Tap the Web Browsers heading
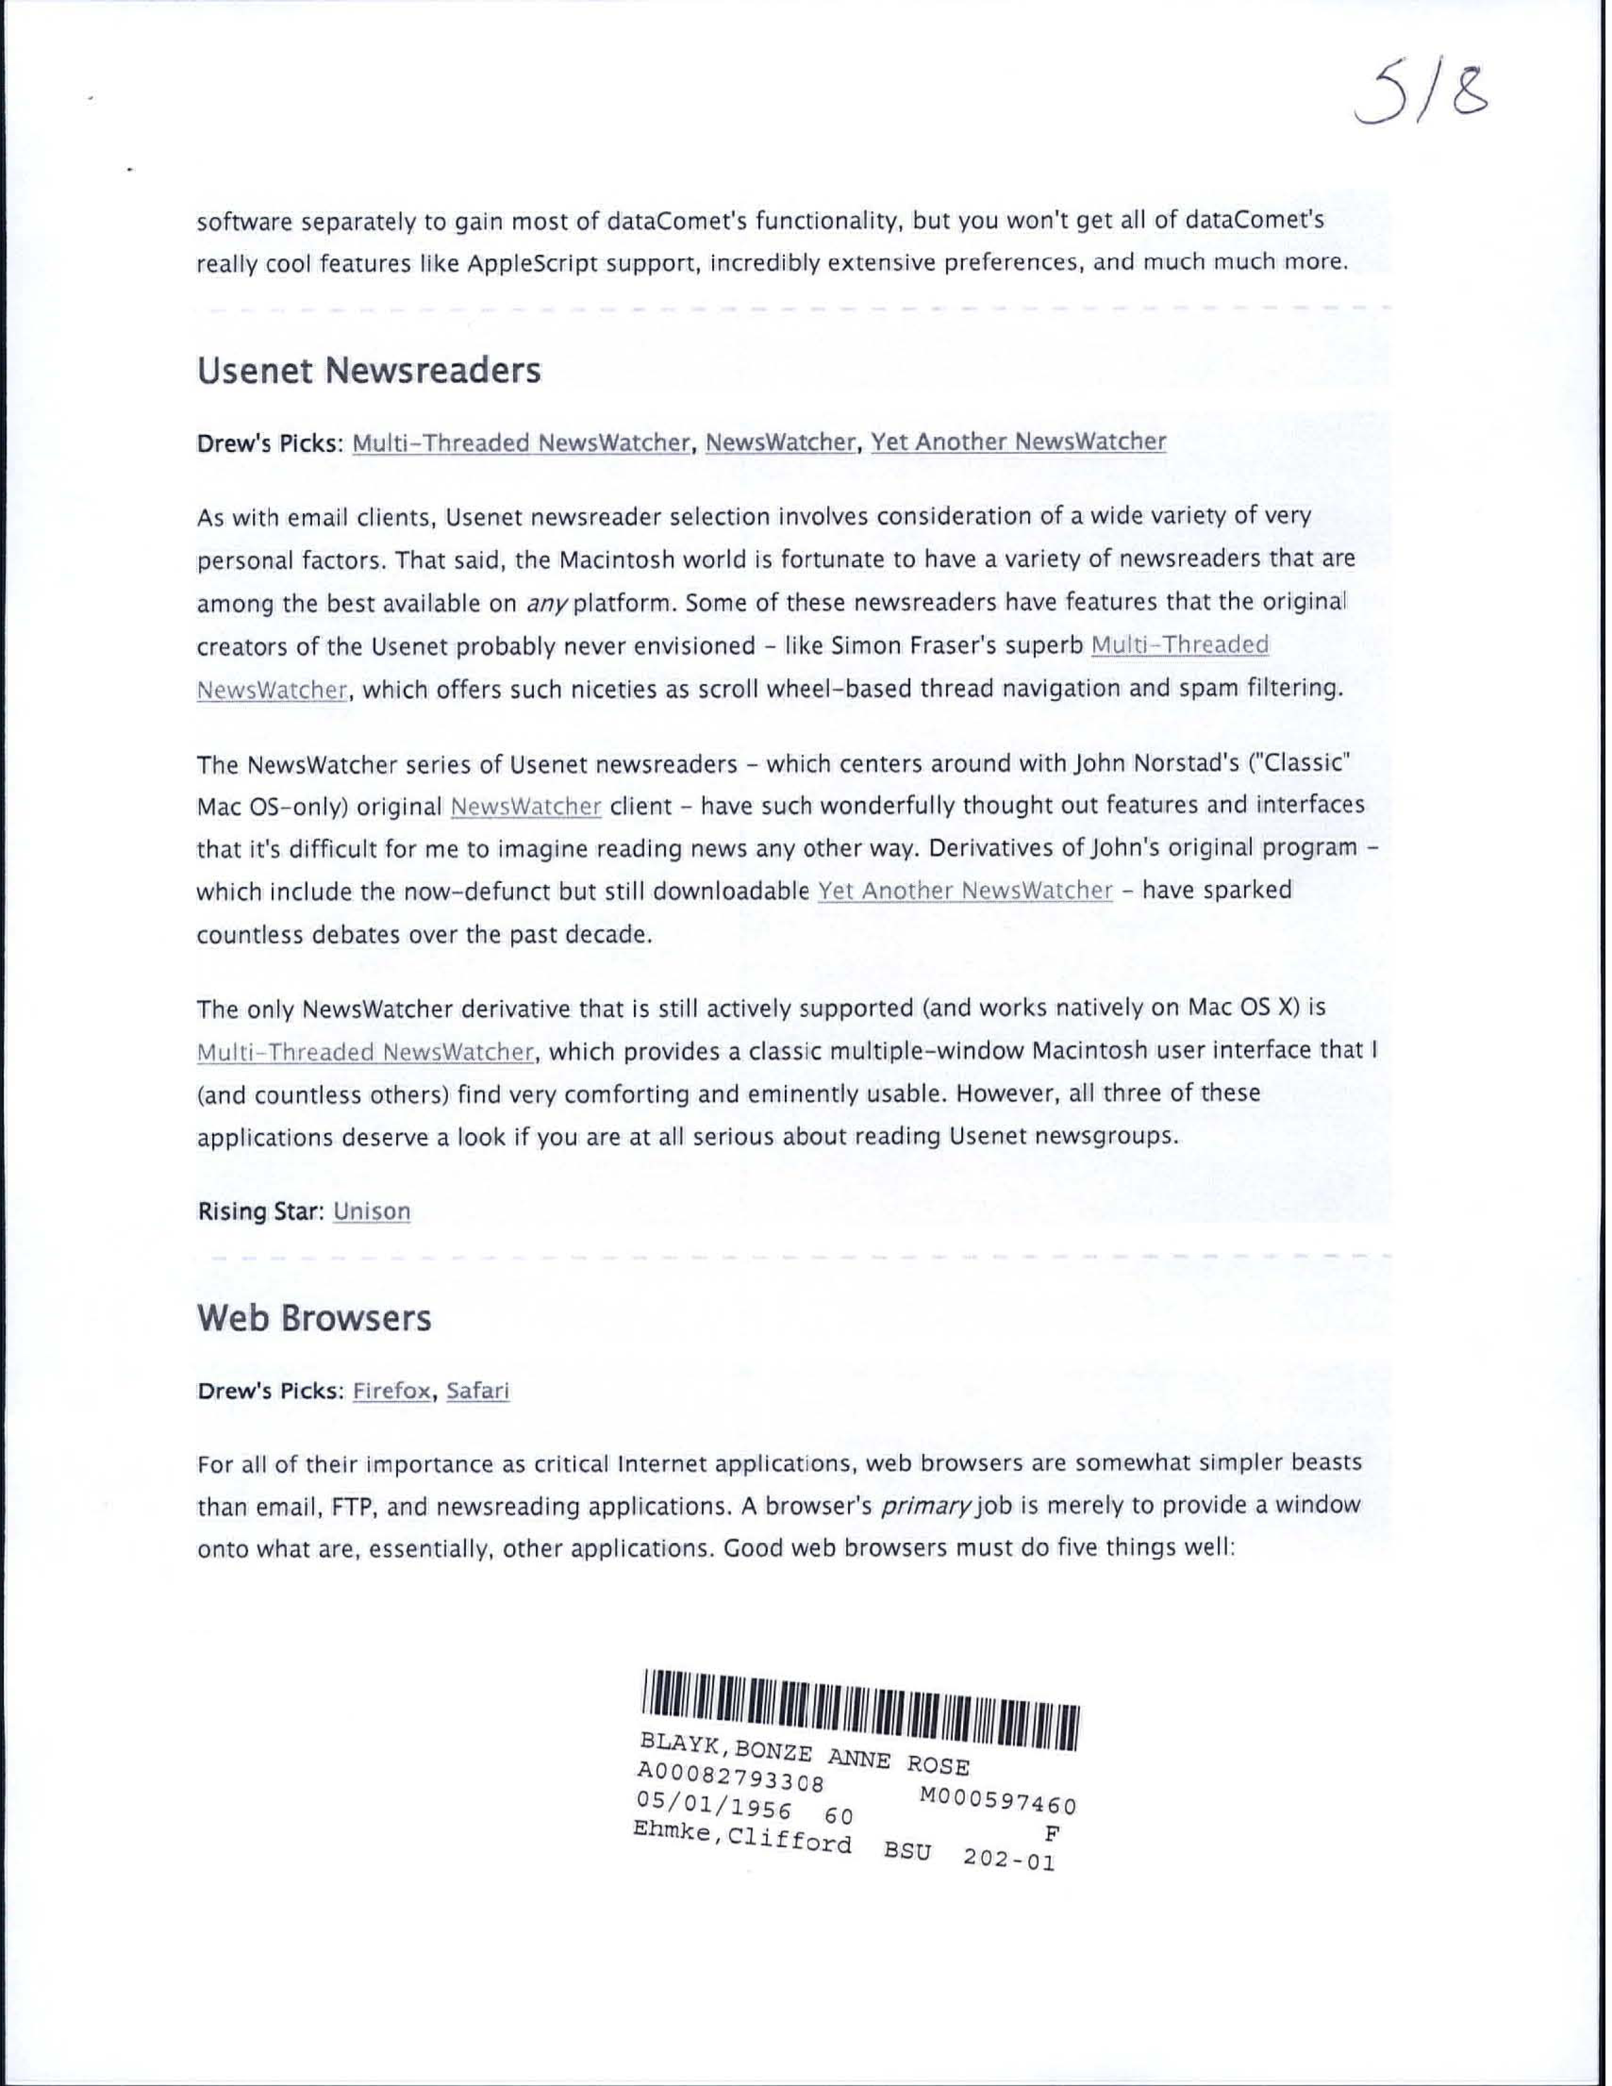[314, 1318]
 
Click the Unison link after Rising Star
[372, 1211]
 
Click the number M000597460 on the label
[998, 1802]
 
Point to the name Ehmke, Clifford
[742, 1838]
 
